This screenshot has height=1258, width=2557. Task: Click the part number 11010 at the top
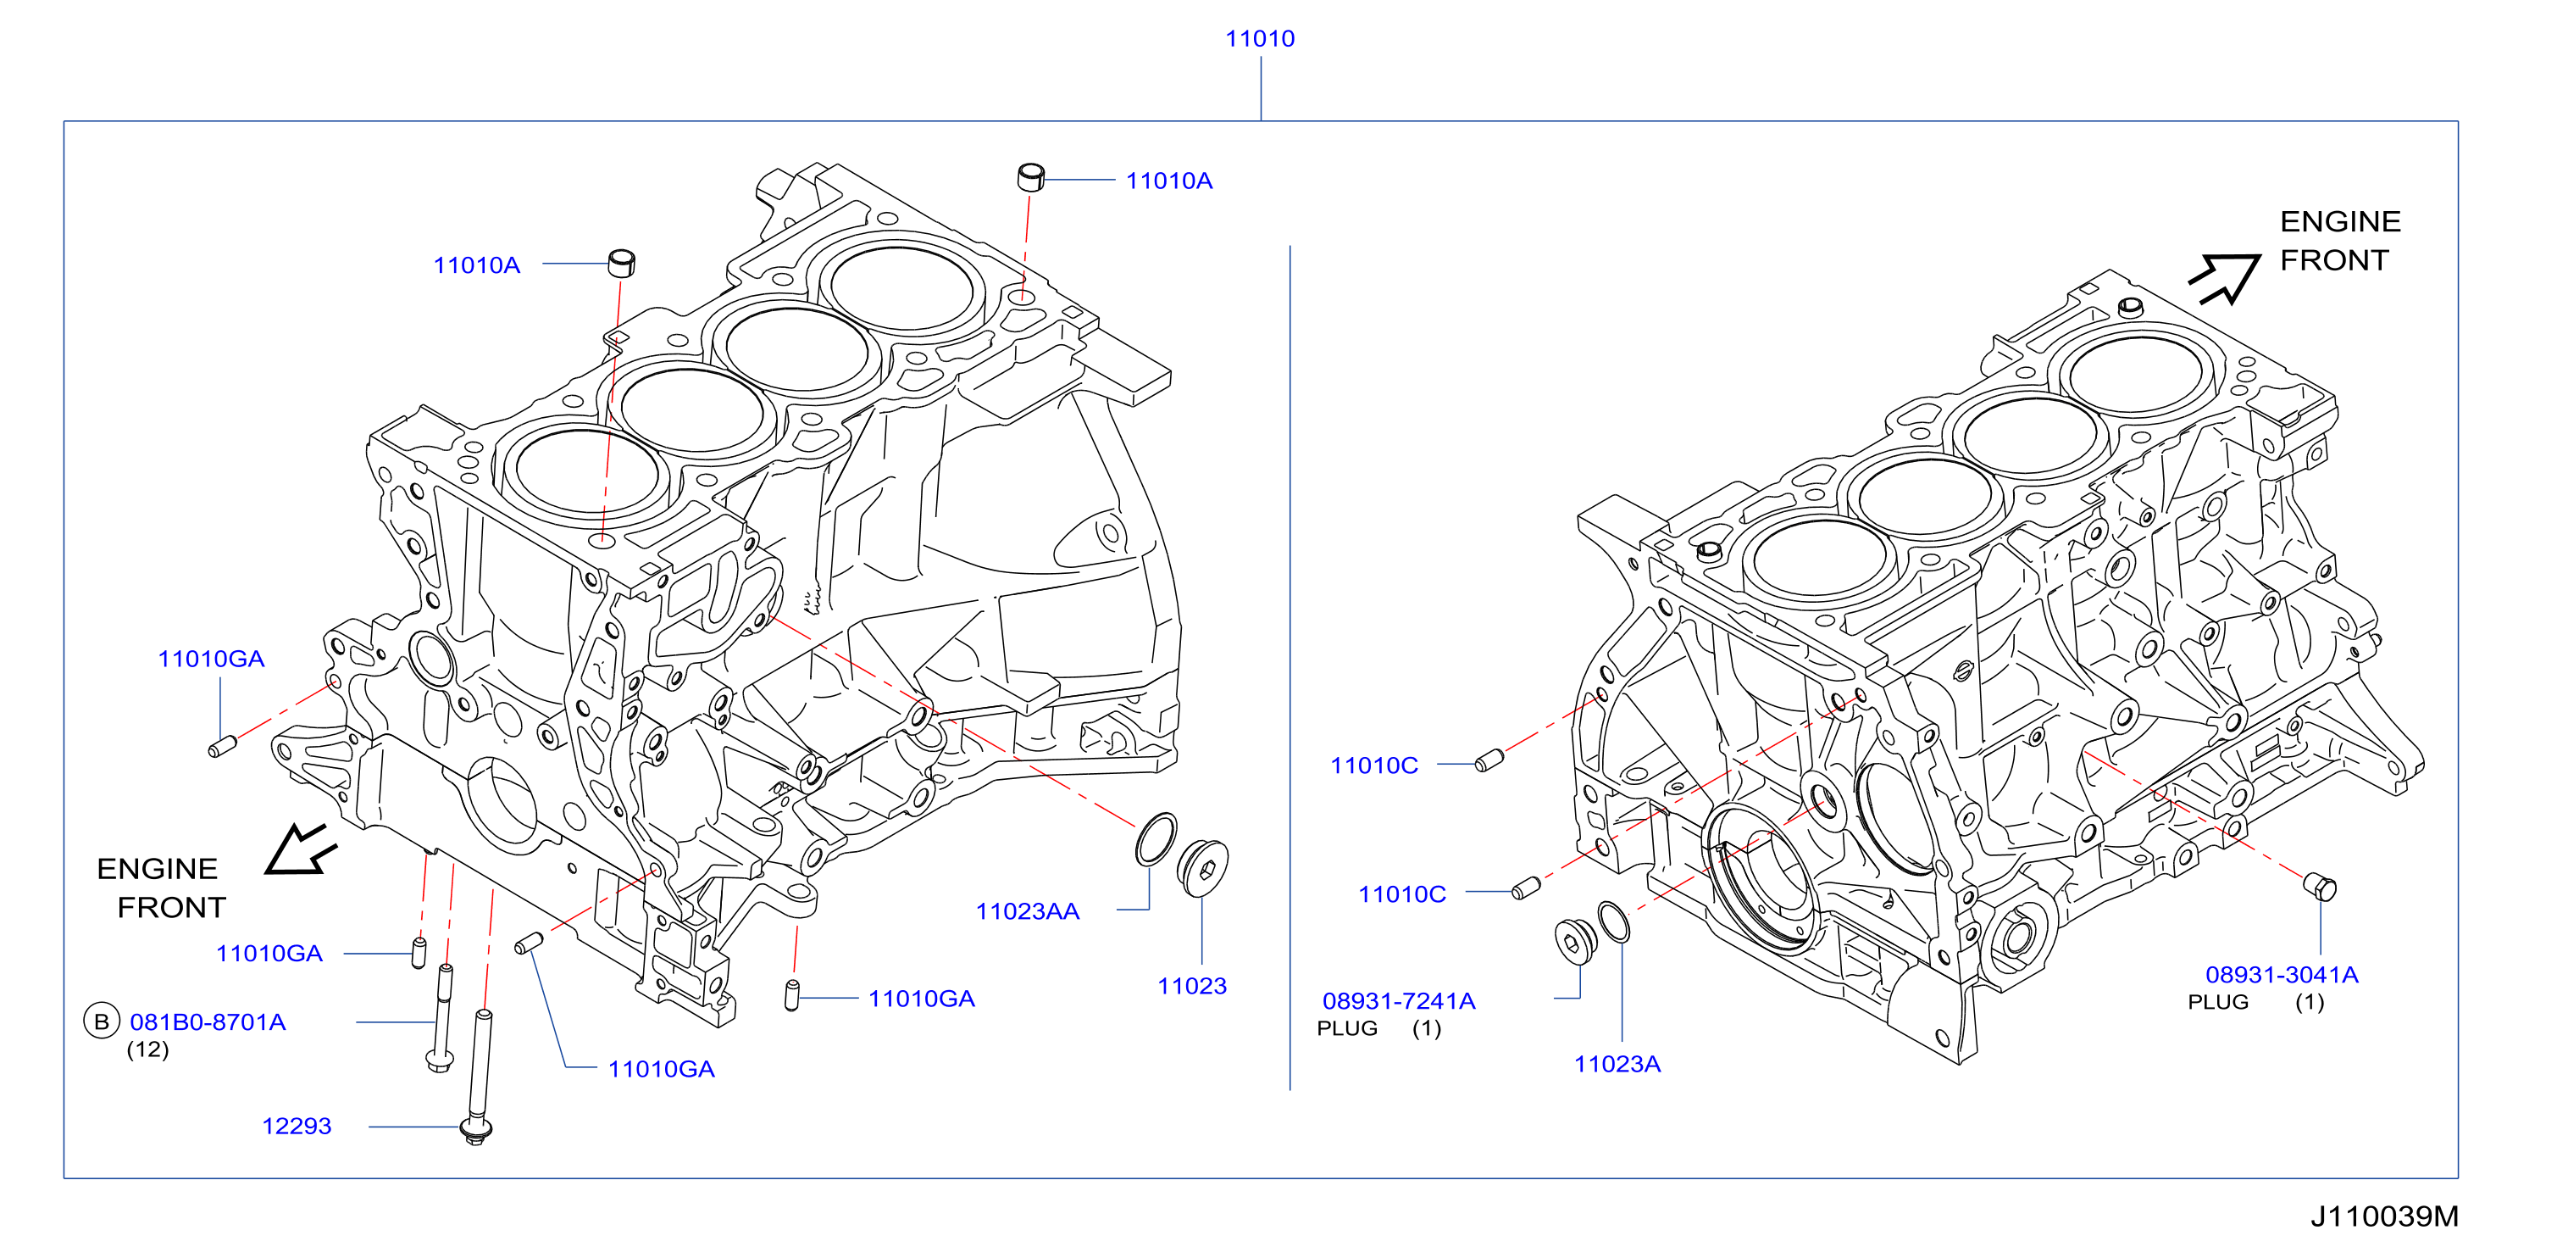[x=1260, y=39]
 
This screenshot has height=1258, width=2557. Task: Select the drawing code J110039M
[x=2384, y=1216]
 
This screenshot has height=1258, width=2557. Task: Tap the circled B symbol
[x=102, y=1021]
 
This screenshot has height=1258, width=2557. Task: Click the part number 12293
[x=296, y=1126]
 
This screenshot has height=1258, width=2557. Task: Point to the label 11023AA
[x=1028, y=911]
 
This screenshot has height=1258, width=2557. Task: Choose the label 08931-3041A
[x=2281, y=975]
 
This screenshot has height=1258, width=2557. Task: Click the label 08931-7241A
[x=1399, y=1001]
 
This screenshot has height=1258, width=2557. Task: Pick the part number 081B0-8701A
[x=208, y=1021]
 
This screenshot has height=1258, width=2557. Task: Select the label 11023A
[x=1617, y=1065]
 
